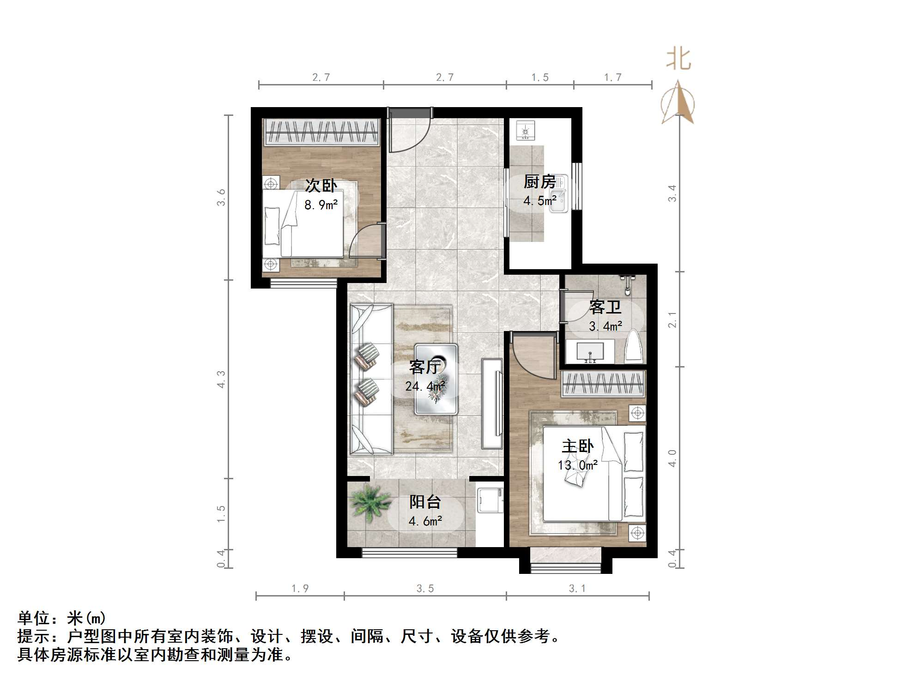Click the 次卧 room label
click(321, 186)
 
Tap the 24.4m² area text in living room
click(425, 386)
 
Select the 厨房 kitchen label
click(539, 182)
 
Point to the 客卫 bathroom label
click(605, 307)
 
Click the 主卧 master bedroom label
click(577, 446)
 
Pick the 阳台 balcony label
click(425, 502)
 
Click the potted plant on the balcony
click(369, 502)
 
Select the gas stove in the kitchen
click(525, 131)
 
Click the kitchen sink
click(559, 194)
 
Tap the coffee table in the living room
click(436, 379)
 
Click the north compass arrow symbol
click(678, 102)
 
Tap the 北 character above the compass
click(678, 60)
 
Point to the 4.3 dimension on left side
click(221, 379)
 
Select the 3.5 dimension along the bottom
click(425, 588)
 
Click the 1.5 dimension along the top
click(539, 78)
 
